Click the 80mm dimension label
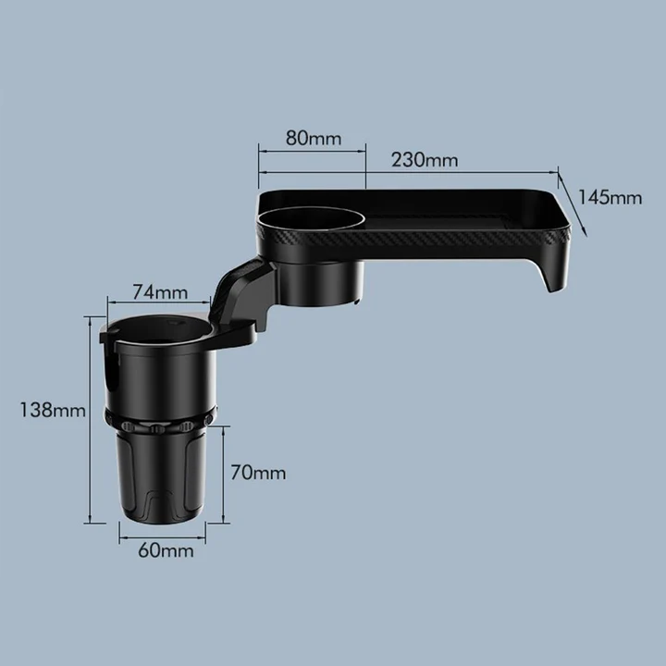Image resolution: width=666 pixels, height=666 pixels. click(313, 139)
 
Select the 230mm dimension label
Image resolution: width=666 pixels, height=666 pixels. click(425, 159)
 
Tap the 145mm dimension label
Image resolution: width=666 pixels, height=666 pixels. click(610, 197)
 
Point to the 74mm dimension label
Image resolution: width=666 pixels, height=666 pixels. click(159, 292)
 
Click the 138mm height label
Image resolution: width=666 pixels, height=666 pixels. click(51, 410)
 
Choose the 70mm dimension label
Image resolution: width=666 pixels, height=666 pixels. click(258, 473)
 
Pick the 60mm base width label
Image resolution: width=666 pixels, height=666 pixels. click(166, 550)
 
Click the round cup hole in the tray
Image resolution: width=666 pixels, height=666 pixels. click(313, 219)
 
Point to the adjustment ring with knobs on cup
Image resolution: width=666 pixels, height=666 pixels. click(162, 426)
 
